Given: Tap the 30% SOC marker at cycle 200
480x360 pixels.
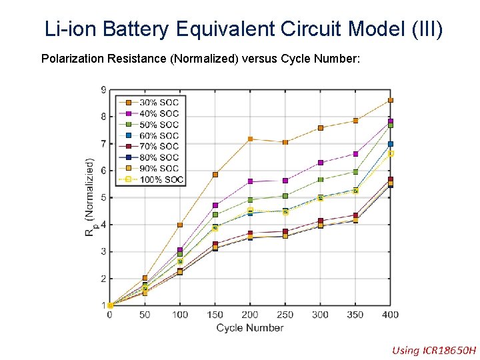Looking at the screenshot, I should [250, 139].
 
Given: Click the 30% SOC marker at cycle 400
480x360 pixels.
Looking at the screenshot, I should [391, 100].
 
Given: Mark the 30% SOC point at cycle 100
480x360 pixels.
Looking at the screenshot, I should [180, 225].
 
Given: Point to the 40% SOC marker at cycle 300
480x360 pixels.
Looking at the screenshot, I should [321, 163].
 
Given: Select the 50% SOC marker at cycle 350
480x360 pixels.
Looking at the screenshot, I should [356, 171].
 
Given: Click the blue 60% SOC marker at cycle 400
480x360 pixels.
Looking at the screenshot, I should [391, 144].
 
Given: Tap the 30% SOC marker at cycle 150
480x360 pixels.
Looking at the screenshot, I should [215, 175].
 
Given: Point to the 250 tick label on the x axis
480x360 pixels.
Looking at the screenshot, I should [285, 315].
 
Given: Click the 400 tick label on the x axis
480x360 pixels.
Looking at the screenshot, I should [391, 315].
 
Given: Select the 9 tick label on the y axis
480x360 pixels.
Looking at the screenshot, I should [103, 90].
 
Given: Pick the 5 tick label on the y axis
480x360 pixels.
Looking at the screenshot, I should [103, 198].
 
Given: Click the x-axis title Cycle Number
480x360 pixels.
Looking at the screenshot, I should [250, 327].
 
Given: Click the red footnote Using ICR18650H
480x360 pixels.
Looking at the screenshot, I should [434, 350].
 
